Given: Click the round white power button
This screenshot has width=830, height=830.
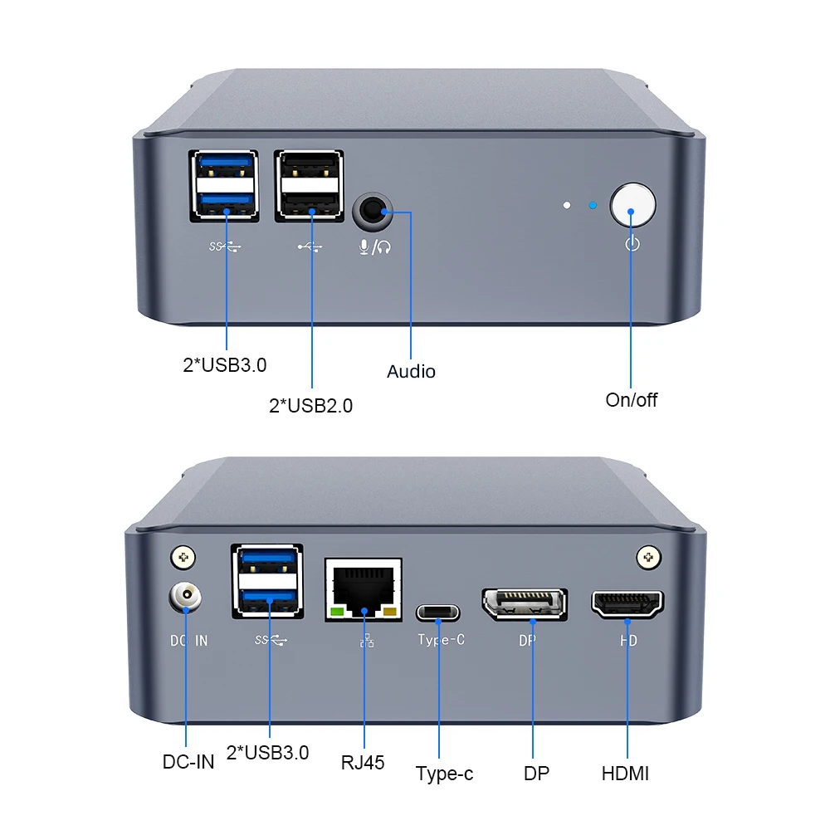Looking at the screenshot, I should click(x=632, y=205).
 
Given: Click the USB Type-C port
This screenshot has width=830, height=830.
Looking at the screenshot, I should click(x=437, y=613).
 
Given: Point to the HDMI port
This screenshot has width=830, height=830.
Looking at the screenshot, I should click(x=627, y=605).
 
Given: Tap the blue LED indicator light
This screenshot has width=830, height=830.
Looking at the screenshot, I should click(x=592, y=205).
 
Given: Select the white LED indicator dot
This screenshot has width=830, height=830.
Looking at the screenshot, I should click(x=566, y=204).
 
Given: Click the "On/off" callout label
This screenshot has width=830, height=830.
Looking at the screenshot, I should click(x=631, y=400).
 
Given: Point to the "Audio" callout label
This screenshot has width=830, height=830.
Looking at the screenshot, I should click(x=411, y=371).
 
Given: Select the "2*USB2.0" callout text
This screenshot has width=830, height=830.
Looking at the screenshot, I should click(x=311, y=406).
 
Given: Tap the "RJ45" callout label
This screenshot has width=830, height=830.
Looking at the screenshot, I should click(x=363, y=762).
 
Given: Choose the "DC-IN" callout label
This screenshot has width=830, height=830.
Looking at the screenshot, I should click(x=188, y=760).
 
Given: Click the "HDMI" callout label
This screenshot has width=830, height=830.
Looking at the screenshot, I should click(x=625, y=774).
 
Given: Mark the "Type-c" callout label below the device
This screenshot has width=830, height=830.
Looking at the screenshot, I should click(x=444, y=774).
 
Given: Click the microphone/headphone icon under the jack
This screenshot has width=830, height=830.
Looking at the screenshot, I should click(x=374, y=247).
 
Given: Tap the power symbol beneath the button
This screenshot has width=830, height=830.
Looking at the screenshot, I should click(x=632, y=244).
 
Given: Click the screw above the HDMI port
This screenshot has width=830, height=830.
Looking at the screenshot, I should click(x=647, y=557).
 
